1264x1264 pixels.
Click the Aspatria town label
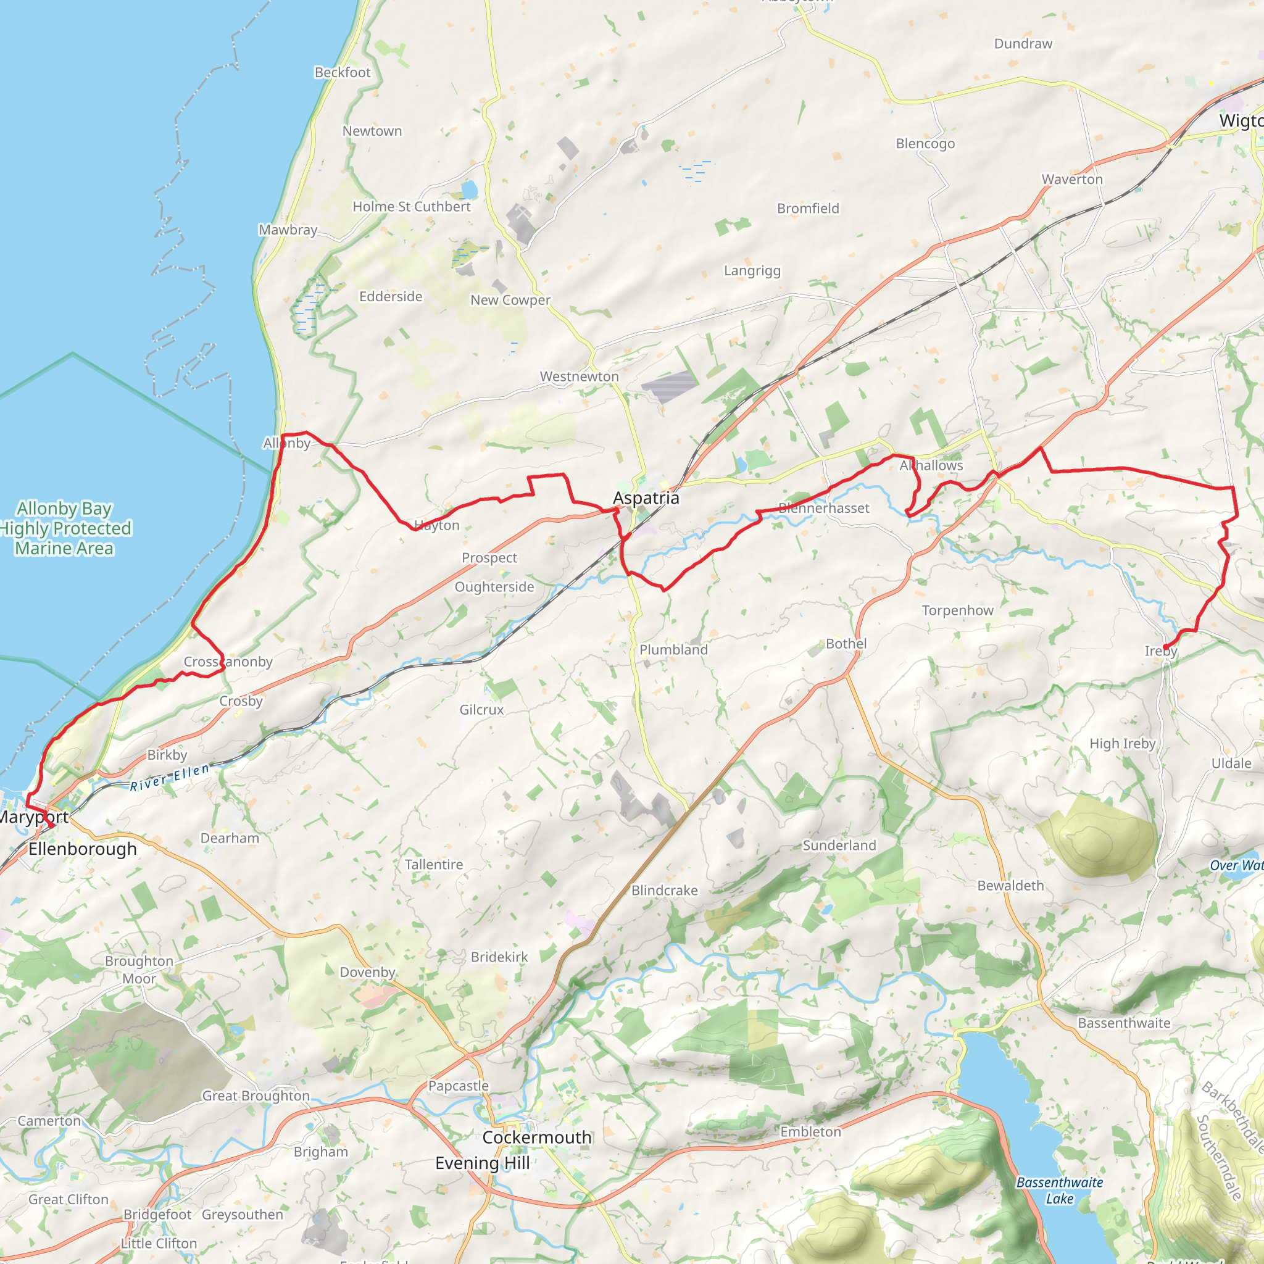tap(646, 498)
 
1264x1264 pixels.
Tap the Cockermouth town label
tap(536, 1137)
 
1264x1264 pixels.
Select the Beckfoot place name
tap(342, 72)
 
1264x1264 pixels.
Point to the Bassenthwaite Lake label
tap(1059, 1191)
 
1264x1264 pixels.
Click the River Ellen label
tap(170, 776)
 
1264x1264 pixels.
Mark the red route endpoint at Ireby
tap(1165, 647)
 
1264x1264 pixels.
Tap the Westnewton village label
tap(579, 376)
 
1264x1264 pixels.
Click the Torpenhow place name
tap(957, 610)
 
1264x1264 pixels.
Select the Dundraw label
tap(1023, 43)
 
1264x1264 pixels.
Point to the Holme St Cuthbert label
tap(412, 206)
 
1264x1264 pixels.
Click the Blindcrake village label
tap(664, 891)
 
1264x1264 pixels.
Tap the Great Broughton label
tap(256, 1096)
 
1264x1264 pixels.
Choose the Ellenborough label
tap(83, 849)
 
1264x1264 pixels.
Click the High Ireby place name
tap(1122, 743)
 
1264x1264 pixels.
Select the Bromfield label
tap(807, 208)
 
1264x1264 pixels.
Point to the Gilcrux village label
tap(481, 709)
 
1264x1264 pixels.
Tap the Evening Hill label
tap(482, 1163)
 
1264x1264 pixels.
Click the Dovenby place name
tap(367, 971)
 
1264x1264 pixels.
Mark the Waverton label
tap(1071, 178)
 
